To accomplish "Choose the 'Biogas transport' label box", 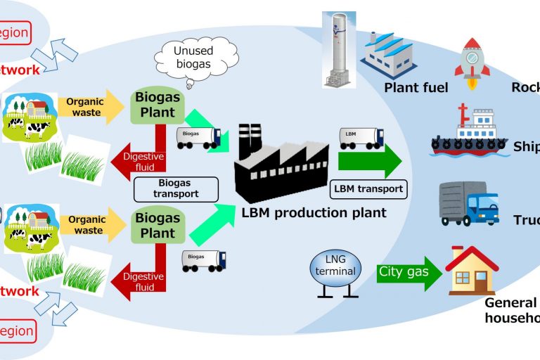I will (176, 188).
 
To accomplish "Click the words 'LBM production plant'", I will (313, 212).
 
